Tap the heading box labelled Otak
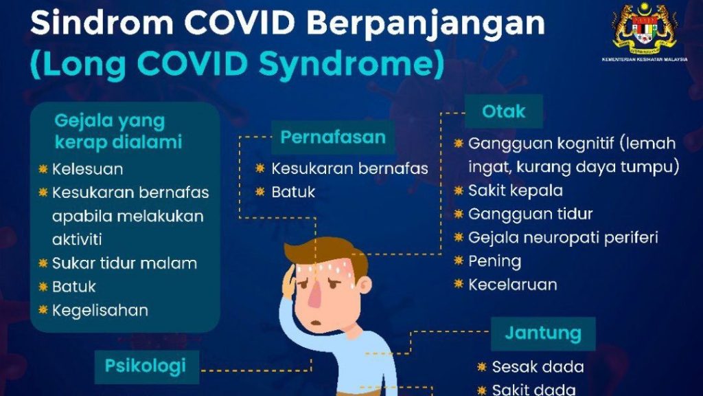point(503,111)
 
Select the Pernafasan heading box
point(333,137)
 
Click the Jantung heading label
point(543,333)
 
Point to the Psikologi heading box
point(147,366)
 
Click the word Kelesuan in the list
point(87,169)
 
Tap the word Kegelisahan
point(100,311)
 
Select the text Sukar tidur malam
point(125,263)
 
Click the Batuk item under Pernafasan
point(293,192)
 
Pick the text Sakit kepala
point(516,191)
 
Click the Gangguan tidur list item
point(531,214)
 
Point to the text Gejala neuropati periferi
point(563,238)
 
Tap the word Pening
point(494,261)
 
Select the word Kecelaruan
point(512,285)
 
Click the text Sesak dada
point(538,367)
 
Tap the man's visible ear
point(364,285)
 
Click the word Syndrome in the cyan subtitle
point(351,64)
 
